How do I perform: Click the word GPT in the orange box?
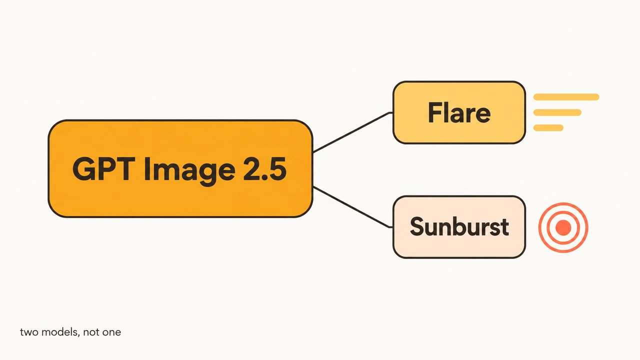pyautogui.click(x=103, y=169)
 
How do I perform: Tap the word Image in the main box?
pyautogui.click(x=189, y=170)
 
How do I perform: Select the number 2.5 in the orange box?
pyautogui.click(x=264, y=169)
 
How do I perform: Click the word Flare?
pyautogui.click(x=459, y=112)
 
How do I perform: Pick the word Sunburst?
pyautogui.click(x=459, y=226)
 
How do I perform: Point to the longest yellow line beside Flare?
pyautogui.click(x=566, y=97)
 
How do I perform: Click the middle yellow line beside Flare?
pyautogui.click(x=557, y=112)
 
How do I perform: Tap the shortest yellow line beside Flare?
pyautogui.click(x=548, y=127)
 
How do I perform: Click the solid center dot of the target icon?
pyautogui.click(x=563, y=227)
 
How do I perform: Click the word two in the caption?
pyautogui.click(x=29, y=332)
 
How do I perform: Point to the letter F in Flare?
pyautogui.click(x=435, y=113)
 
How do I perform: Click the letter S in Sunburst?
pyautogui.click(x=416, y=226)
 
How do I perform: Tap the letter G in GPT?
pyautogui.click(x=83, y=169)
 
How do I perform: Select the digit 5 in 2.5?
pyautogui.click(x=277, y=169)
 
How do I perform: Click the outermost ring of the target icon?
pyautogui.click(x=539, y=227)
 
